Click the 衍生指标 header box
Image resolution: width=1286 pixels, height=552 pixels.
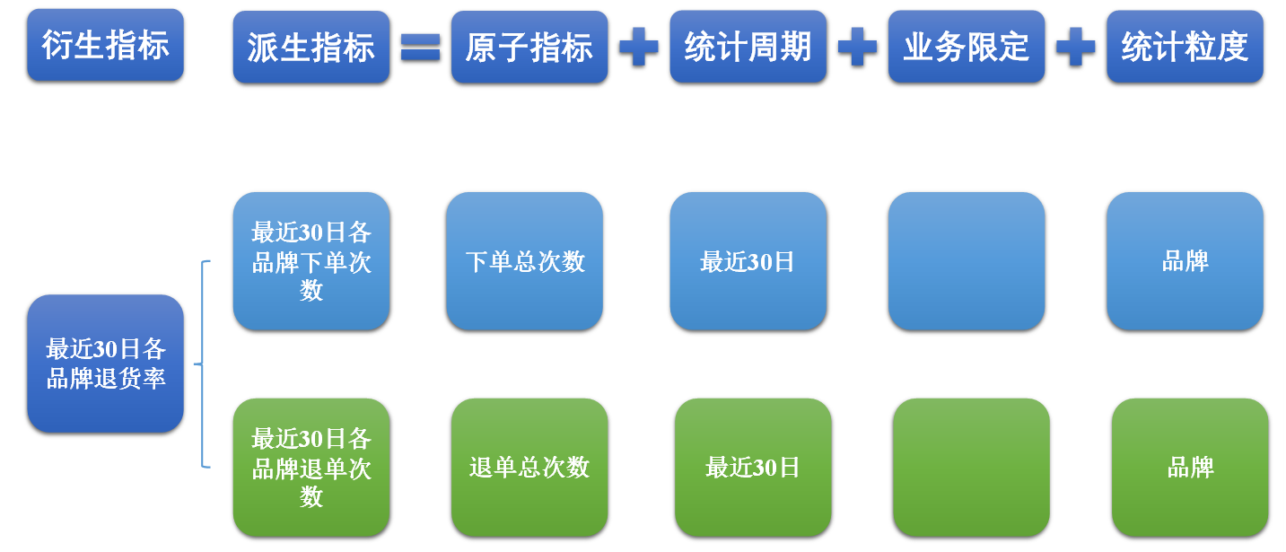[x=105, y=45]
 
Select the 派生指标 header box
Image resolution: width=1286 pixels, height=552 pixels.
[x=311, y=47]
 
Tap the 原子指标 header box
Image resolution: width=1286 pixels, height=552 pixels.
[x=529, y=47]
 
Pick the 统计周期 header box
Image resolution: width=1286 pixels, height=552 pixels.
[x=748, y=47]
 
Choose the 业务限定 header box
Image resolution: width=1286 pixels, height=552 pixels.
[x=967, y=47]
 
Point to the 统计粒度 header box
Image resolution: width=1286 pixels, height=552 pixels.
[x=1185, y=47]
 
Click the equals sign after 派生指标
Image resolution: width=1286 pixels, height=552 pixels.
[x=420, y=47]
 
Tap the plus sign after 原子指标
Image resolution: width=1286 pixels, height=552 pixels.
[x=638, y=47]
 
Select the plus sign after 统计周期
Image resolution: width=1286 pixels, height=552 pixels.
[x=857, y=47]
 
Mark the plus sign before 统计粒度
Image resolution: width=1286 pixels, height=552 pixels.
[x=1075, y=47]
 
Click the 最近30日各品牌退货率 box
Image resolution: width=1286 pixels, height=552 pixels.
[x=105, y=364]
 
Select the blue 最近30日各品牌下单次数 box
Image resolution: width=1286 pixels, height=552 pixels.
[x=311, y=261]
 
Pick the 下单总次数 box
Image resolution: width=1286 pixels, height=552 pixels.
[x=524, y=261]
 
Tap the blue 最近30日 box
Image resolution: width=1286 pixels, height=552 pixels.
[x=748, y=261]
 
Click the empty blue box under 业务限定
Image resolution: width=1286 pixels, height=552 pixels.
[x=967, y=261]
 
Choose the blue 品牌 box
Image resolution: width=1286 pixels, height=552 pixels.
[x=1185, y=261]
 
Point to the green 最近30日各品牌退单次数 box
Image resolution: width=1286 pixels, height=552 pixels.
[x=311, y=468]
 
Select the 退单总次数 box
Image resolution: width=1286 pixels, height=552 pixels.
[x=529, y=468]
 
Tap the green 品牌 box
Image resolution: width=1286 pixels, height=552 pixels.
[x=1190, y=468]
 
